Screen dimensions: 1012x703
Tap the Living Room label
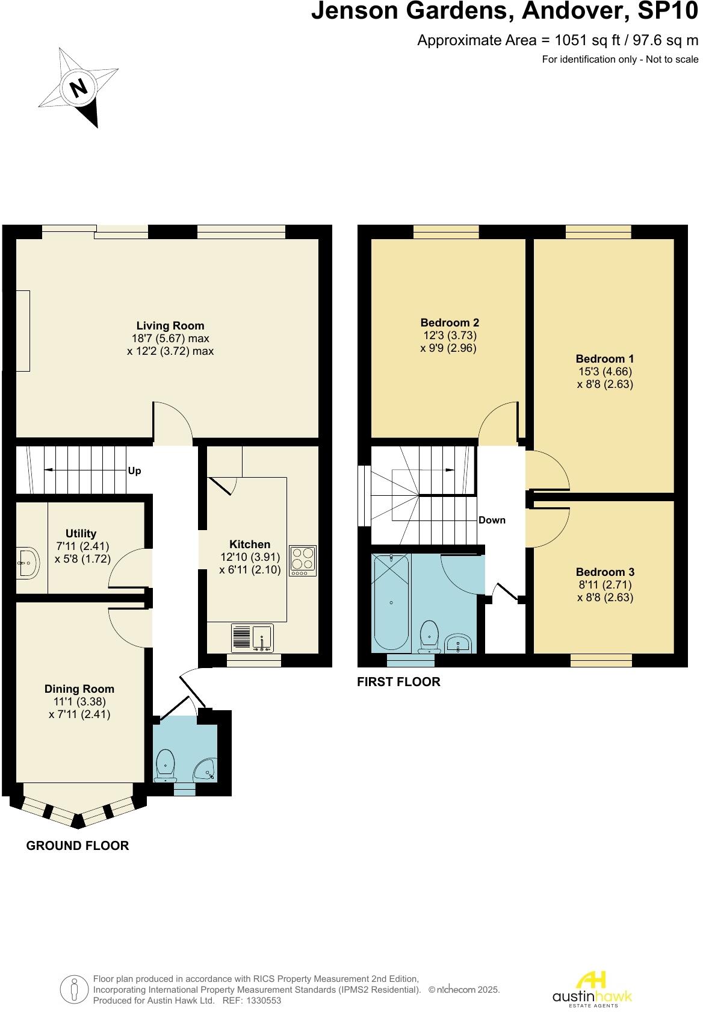(170, 326)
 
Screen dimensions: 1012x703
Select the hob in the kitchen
(303, 560)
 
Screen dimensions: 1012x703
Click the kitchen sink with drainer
(252, 639)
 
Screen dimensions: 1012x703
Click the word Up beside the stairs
(135, 470)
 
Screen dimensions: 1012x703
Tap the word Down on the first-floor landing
(492, 520)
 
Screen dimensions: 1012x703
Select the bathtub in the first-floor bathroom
(391, 602)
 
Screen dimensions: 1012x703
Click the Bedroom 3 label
(605, 572)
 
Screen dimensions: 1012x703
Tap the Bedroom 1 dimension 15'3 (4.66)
(605, 372)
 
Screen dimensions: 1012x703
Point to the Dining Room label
(79, 689)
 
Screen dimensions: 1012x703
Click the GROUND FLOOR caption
(78, 845)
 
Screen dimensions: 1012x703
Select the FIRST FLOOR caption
(398, 681)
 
